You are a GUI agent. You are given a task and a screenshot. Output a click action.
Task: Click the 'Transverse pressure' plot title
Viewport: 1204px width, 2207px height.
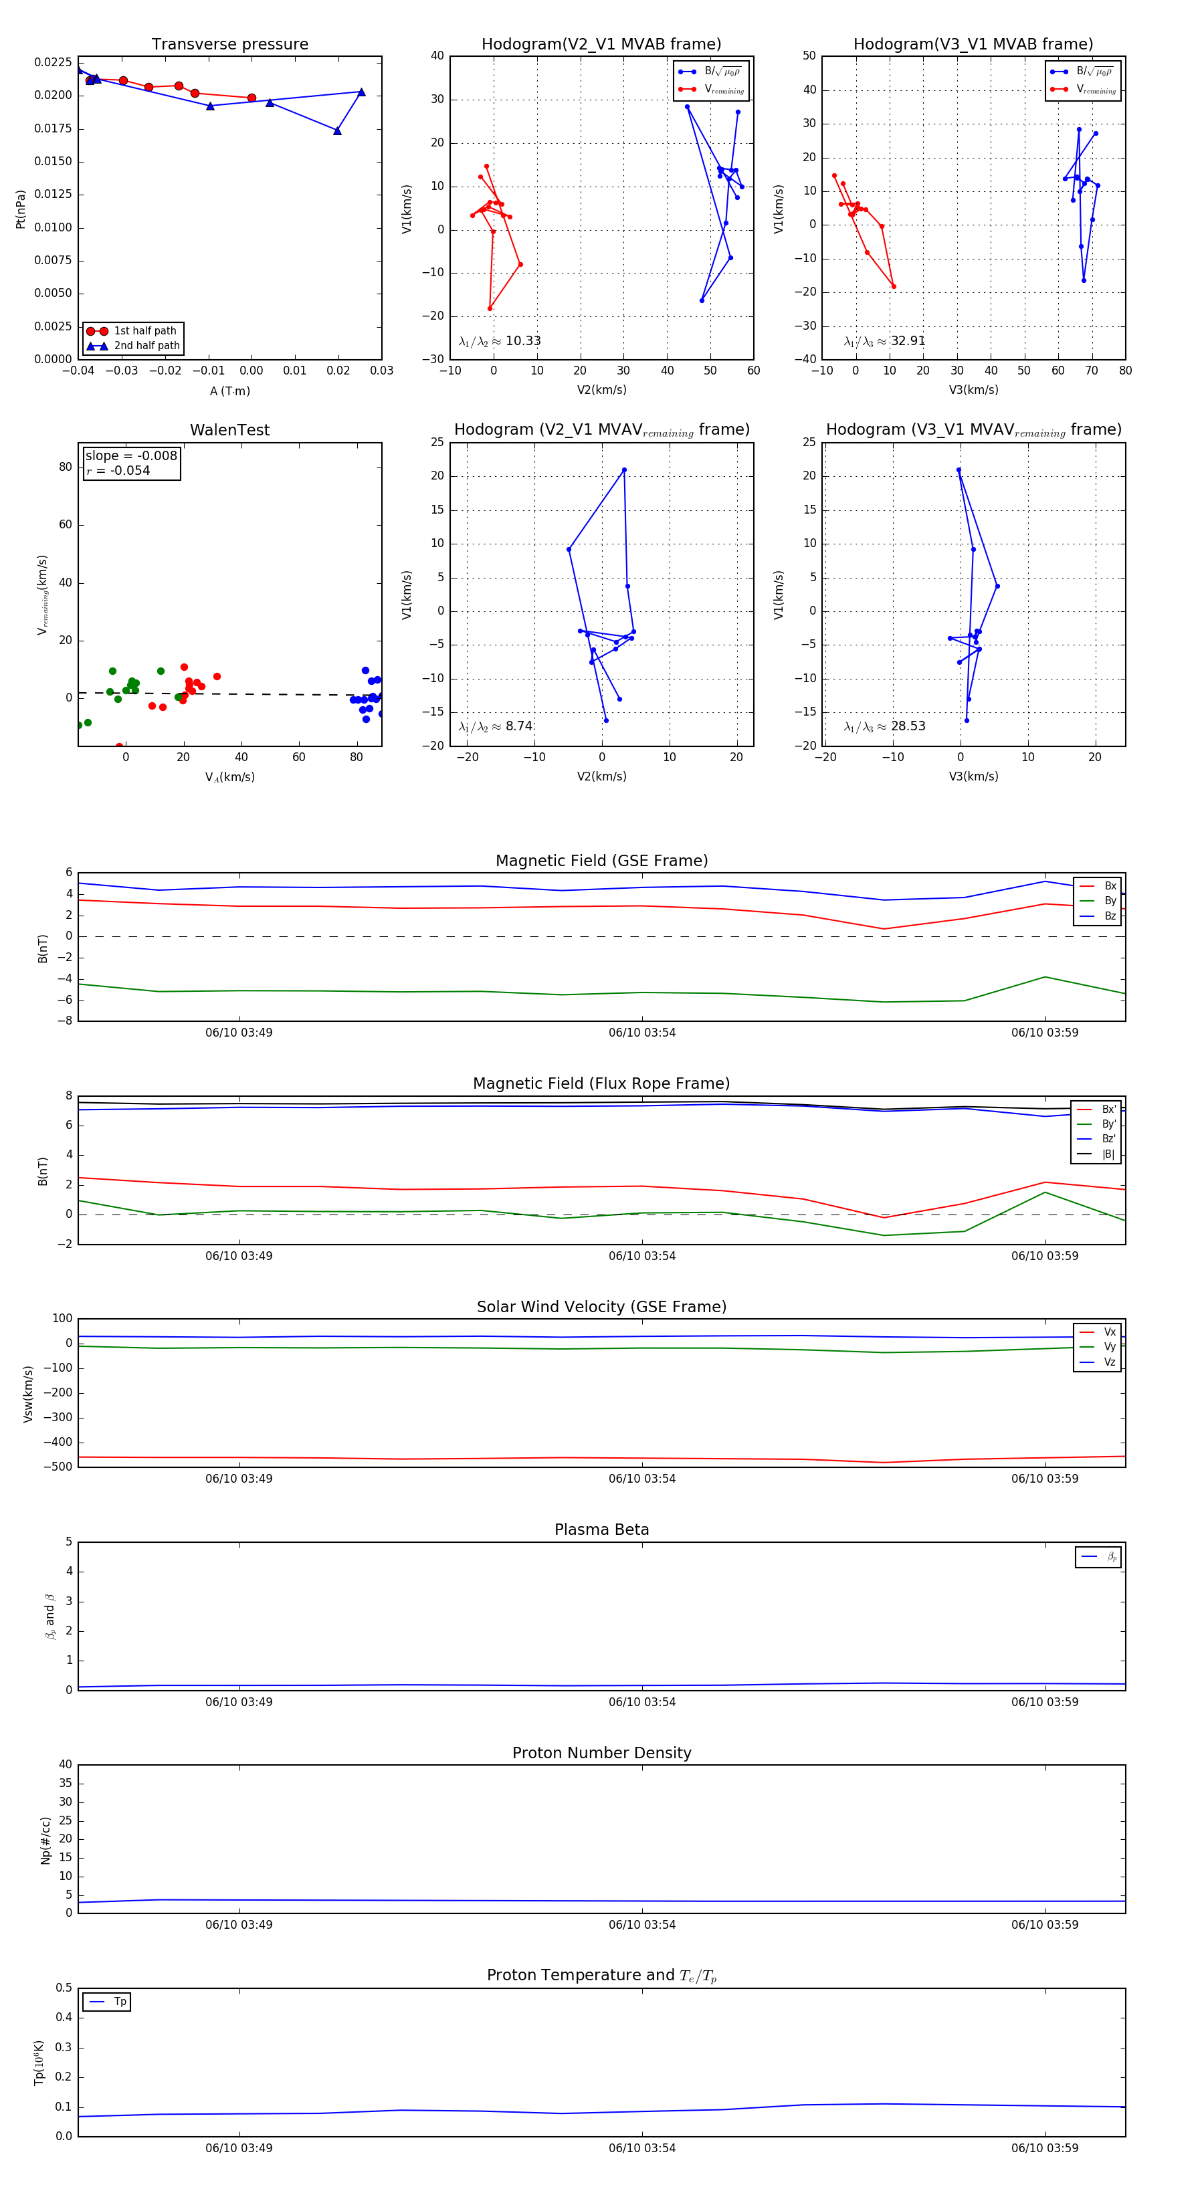click(x=229, y=45)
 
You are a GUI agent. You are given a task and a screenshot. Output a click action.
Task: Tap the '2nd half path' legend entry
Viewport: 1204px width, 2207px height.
click(x=146, y=346)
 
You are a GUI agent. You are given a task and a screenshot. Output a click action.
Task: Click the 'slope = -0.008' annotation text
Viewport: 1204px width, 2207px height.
click(x=131, y=456)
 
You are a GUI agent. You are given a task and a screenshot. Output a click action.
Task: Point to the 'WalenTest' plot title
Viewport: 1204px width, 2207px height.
click(x=229, y=430)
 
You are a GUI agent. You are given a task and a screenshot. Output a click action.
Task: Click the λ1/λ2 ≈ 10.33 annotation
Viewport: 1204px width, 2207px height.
click(x=500, y=341)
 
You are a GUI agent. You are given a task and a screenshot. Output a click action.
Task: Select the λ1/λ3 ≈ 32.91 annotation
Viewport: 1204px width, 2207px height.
click(x=884, y=341)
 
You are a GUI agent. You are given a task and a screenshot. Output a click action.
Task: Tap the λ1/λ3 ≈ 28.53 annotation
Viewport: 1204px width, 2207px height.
click(x=884, y=726)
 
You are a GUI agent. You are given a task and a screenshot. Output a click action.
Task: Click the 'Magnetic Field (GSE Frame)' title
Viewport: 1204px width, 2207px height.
click(x=601, y=861)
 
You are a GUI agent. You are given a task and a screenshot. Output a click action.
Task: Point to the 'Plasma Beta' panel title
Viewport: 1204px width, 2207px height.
click(x=601, y=1530)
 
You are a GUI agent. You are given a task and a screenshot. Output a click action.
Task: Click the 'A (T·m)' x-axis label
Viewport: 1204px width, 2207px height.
click(x=229, y=391)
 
